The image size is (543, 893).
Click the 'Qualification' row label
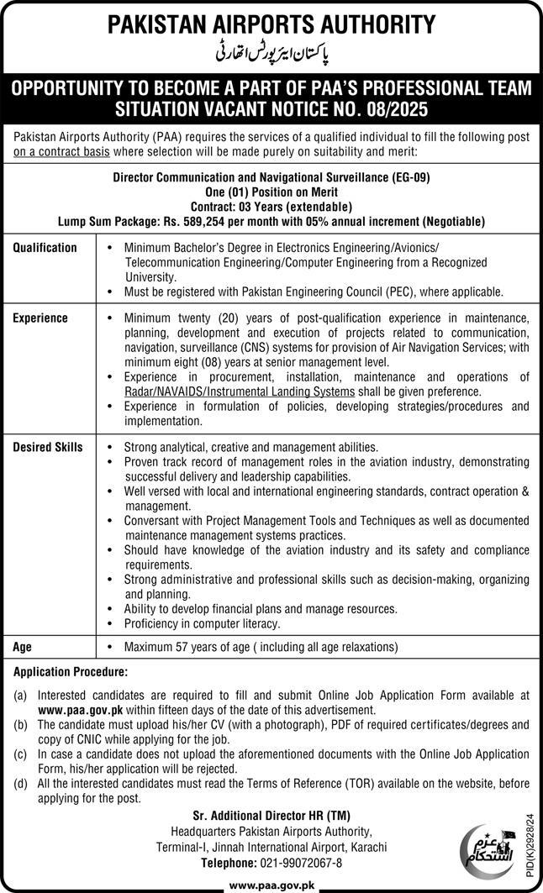[45, 248]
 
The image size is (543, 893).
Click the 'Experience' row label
[40, 318]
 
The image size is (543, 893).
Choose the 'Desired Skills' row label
[48, 447]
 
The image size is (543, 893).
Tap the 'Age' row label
[23, 647]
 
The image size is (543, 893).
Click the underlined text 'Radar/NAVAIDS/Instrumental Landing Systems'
[239, 392]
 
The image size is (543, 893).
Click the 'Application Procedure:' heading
[71, 672]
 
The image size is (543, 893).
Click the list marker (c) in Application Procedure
[20, 753]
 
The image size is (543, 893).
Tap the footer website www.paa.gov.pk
[271, 885]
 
